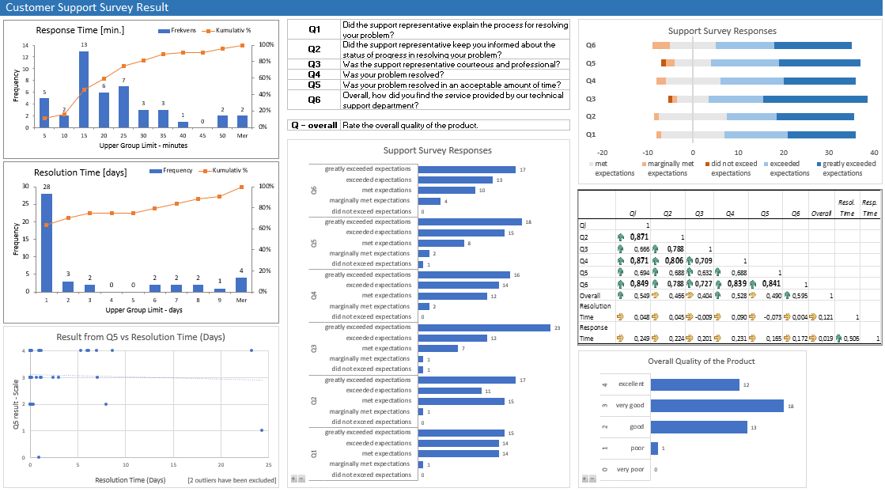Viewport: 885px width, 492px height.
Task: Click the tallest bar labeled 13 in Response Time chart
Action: point(83,89)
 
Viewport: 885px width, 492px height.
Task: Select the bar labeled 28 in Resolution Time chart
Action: point(47,242)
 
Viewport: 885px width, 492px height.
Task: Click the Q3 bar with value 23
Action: point(483,327)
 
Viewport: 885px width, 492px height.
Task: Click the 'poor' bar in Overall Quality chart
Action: point(654,448)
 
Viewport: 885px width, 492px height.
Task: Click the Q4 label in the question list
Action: point(314,74)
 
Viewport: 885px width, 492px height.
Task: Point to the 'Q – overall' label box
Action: point(314,125)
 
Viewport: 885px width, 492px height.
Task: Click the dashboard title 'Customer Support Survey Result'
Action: point(87,8)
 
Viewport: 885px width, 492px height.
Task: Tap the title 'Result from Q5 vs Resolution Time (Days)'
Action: point(141,337)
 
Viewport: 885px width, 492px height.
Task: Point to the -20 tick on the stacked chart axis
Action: point(603,152)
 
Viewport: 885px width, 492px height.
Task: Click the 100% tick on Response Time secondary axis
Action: point(267,45)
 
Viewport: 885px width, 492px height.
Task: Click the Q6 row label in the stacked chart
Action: point(590,45)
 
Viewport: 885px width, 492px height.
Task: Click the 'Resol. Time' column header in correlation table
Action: point(845,208)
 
